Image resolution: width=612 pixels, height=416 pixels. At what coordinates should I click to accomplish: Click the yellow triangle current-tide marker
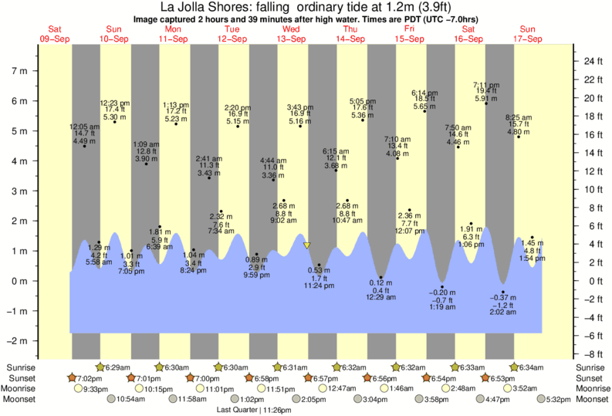coord(307,245)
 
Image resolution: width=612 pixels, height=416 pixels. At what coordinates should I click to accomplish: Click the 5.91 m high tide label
coord(485,98)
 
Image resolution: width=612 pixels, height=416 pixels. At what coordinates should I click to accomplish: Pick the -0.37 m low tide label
coord(503,297)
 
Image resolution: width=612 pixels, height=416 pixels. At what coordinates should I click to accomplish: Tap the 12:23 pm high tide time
coord(114,103)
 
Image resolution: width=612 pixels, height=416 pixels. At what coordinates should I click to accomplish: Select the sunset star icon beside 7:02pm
coord(73,378)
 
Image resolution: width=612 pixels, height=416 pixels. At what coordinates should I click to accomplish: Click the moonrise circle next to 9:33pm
coord(77,389)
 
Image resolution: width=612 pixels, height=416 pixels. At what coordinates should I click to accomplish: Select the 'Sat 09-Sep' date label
coord(56,33)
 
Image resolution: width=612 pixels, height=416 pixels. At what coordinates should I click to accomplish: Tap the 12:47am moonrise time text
coord(342,389)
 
